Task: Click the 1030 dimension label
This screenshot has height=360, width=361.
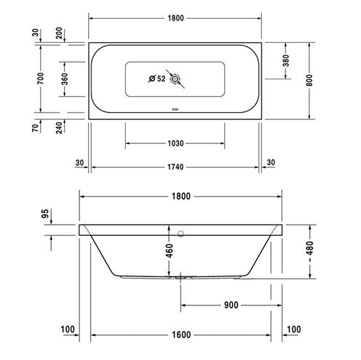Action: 175,143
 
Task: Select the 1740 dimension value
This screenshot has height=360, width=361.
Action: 175,167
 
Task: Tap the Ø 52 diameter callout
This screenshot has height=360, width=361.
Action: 157,79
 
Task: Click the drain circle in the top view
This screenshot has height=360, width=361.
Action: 175,79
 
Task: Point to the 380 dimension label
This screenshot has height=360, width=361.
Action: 286,60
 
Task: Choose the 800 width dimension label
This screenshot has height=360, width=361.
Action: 309,80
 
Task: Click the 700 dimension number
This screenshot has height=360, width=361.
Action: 41,79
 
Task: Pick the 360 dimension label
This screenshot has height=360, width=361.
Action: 65,79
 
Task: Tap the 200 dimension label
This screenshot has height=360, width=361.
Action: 59,33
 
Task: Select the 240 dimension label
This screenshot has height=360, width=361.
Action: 59,128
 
